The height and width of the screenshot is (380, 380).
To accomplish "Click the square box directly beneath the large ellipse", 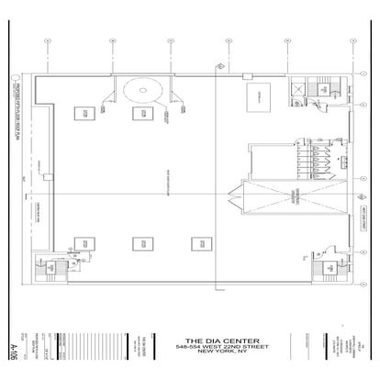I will tap(141, 114).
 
